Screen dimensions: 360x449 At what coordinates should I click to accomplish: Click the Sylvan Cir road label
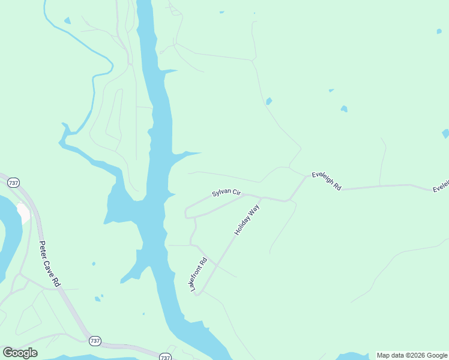(226, 193)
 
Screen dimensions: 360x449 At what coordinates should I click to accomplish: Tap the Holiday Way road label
(247, 219)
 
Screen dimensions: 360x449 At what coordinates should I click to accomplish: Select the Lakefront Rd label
(199, 274)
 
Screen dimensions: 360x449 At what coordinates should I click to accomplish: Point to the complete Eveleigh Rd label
(326, 181)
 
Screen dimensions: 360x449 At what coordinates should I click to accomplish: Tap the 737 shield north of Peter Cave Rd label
(14, 182)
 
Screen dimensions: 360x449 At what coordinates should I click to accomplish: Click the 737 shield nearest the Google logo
(95, 341)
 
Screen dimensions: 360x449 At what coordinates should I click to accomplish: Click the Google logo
(20, 353)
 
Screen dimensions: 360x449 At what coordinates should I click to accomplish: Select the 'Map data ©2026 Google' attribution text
(412, 355)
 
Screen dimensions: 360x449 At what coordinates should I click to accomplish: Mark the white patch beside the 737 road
(24, 213)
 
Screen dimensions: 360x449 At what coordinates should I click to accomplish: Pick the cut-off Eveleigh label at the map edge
(441, 187)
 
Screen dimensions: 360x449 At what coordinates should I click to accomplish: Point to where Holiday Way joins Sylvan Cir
(262, 197)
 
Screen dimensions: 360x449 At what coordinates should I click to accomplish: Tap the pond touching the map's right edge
(445, 133)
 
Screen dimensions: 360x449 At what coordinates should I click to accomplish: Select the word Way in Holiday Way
(255, 209)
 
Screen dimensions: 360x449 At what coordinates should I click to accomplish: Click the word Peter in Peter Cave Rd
(43, 248)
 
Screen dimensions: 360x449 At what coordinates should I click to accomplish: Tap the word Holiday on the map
(242, 225)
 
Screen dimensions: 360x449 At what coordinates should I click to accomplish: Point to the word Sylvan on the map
(220, 193)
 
